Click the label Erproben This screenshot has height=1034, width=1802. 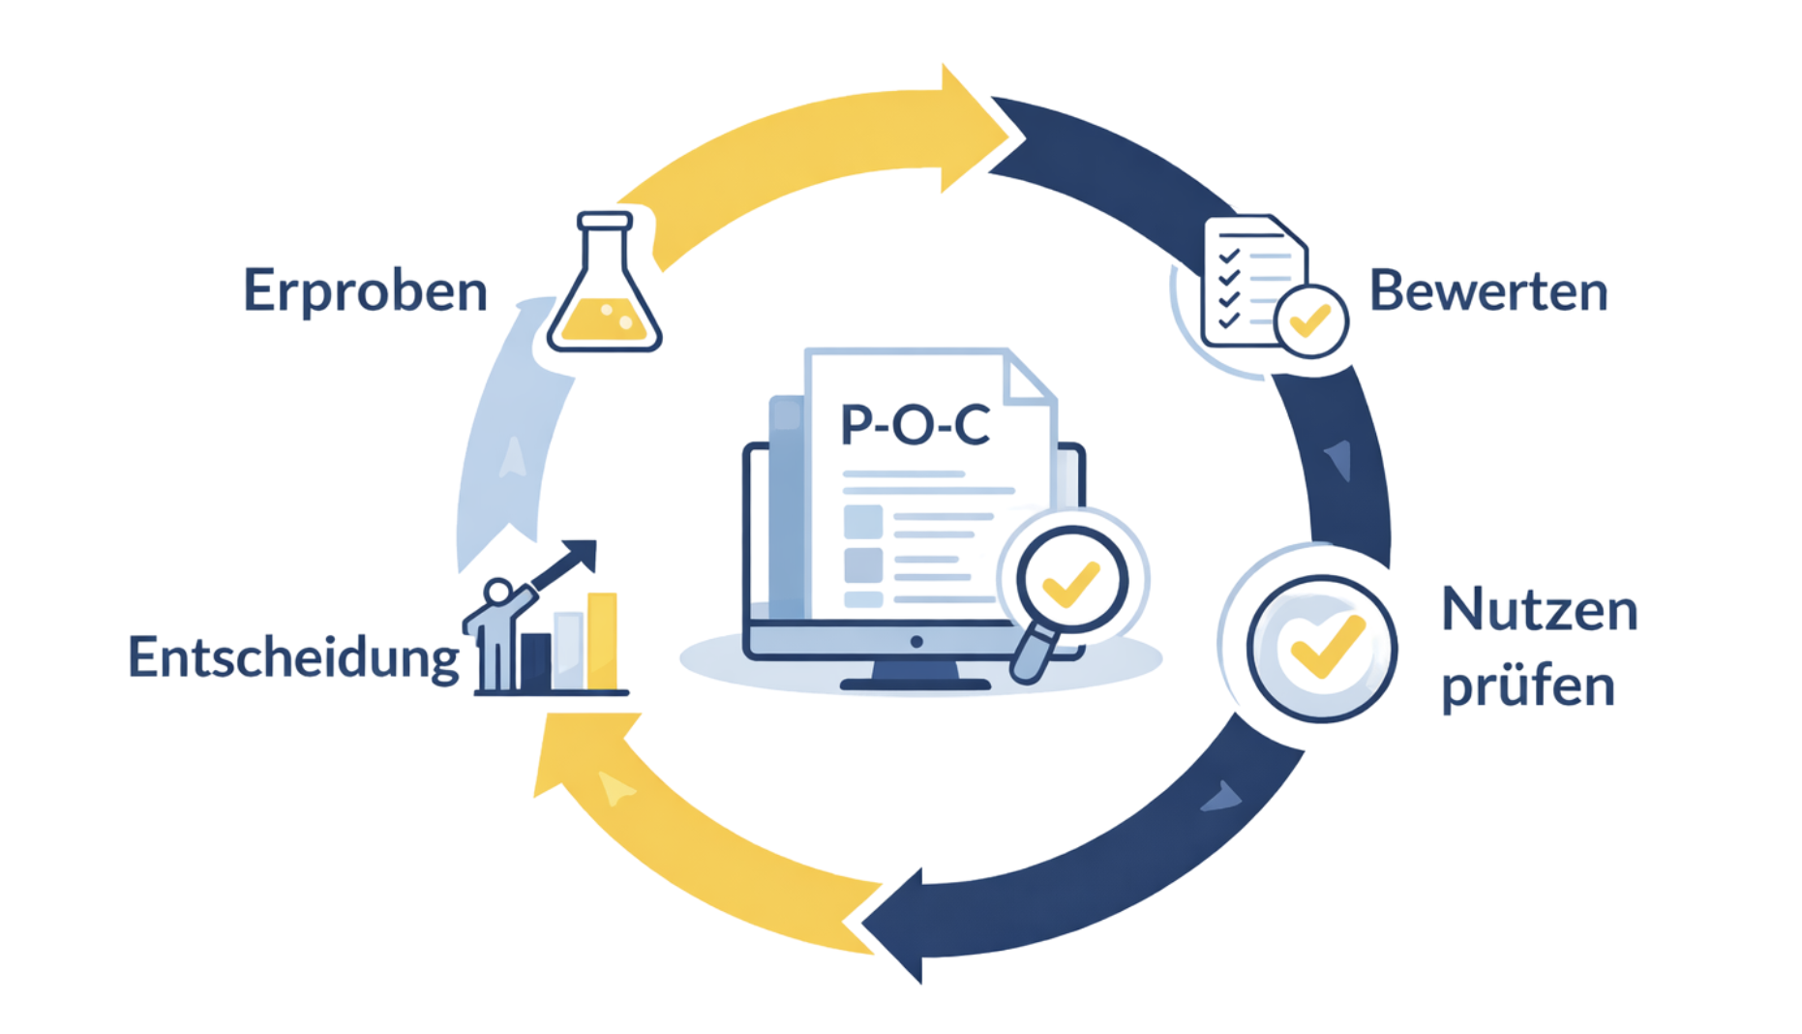365,291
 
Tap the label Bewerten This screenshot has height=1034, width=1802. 1487,291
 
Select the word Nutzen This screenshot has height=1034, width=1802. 1539,611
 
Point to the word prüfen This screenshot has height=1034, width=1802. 1527,687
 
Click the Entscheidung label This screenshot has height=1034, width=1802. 293,658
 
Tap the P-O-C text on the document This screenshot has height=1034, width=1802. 915,425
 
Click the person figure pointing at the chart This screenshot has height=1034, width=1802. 497,629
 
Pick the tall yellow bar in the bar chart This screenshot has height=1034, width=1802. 602,640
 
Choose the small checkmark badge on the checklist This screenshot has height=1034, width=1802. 1310,321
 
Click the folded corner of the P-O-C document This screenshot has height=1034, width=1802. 1028,379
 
